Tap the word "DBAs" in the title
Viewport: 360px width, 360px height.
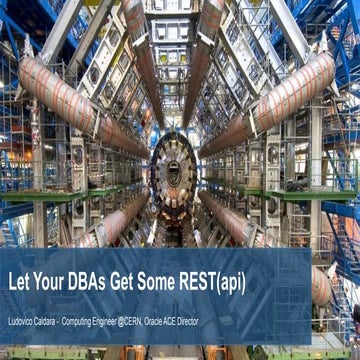tap(95, 282)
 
